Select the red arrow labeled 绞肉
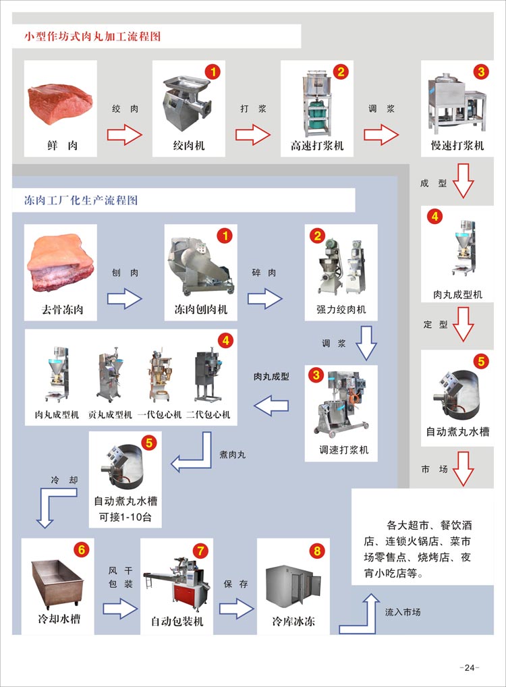(125, 134)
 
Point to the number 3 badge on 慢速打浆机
(480, 71)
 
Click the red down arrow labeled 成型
(463, 182)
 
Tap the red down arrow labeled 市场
(463, 470)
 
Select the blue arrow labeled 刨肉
(125, 298)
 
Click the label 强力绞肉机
(341, 310)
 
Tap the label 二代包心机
(208, 414)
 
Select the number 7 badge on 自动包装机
(200, 550)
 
